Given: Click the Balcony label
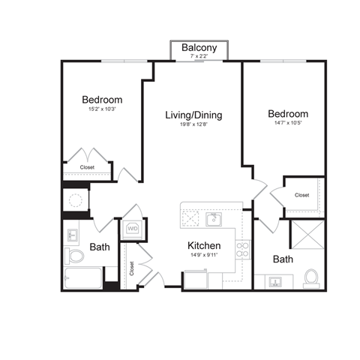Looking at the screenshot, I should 199,47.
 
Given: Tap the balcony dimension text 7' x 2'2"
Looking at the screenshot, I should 199,56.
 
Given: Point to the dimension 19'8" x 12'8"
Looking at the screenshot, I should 193,124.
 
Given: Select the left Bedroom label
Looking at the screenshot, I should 102,99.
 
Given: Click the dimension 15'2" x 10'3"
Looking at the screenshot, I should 102,109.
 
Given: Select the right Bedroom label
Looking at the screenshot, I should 288,114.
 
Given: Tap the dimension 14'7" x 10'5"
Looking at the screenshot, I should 288,124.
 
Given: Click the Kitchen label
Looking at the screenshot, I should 203,245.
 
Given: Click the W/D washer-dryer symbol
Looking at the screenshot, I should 133,227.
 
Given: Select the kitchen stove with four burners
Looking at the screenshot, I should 243,250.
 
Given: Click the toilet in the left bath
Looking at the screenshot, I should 75,256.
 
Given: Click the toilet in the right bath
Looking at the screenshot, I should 311,278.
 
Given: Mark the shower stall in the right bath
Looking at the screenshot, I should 305,238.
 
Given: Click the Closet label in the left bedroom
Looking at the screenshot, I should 87,167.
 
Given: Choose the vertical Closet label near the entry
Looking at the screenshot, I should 131,268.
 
